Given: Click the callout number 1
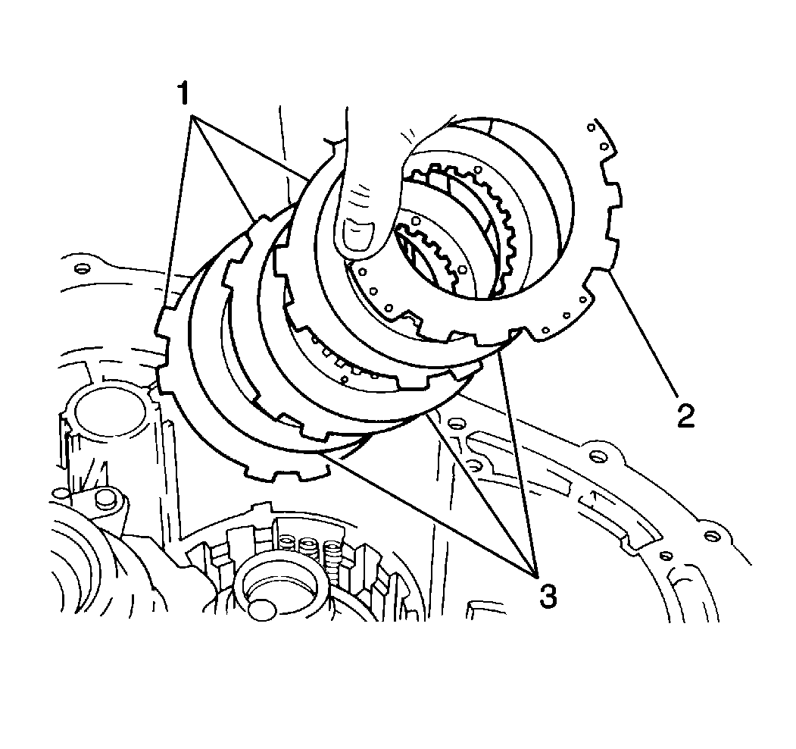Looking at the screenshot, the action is pos(183,94).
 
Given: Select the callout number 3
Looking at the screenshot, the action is pos(548,596).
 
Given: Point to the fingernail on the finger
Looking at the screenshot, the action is pos(358,235).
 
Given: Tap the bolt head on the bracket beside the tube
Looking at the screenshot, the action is pos(105,499).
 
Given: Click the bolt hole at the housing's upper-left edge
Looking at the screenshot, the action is pos(80,268).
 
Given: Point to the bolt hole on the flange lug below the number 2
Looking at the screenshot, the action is pos(599,456).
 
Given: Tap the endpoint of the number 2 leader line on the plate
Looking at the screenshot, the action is pos(609,272).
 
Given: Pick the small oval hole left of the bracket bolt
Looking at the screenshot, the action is pos(62,493).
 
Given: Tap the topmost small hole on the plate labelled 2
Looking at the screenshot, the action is pos(591,127).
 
